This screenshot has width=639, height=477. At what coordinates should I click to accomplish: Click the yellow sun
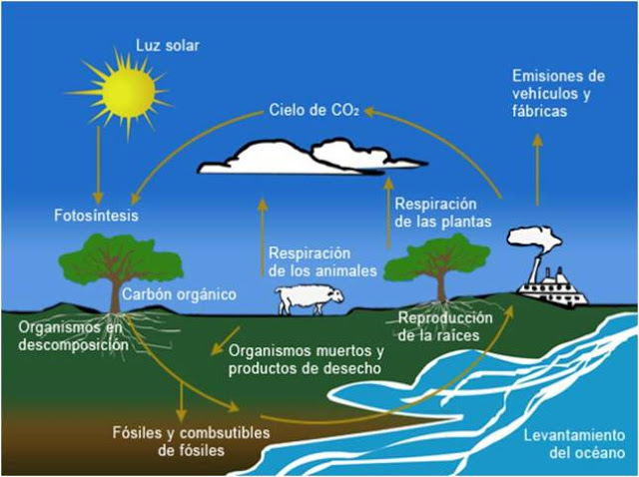128,94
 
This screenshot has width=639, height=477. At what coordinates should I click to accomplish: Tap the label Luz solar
168,45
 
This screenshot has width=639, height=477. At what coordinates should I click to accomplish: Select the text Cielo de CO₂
314,110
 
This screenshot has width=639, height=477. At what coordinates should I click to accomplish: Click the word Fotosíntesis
96,216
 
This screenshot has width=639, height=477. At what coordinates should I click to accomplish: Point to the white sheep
310,299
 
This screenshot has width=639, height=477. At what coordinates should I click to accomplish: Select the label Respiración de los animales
322,261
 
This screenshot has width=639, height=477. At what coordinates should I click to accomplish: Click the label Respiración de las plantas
443,213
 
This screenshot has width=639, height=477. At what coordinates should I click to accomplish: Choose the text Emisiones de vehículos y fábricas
558,93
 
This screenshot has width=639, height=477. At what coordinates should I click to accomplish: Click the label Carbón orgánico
180,294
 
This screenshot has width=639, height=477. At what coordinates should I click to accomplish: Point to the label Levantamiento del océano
575,444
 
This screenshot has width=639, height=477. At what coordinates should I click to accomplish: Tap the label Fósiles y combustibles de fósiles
191,441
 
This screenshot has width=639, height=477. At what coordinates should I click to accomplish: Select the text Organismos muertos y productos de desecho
307,359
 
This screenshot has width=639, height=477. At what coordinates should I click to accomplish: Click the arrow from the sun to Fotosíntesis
98,165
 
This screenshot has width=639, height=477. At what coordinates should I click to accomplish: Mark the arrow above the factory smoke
538,170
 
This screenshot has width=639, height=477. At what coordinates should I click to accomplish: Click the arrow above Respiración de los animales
263,238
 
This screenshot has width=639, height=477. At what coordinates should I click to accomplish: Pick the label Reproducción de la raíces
445,326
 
